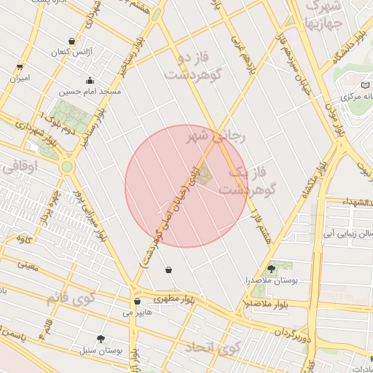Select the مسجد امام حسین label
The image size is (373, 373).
(90, 93)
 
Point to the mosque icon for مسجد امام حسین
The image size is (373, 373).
(90, 80)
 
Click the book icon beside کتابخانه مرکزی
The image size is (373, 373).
(348, 96)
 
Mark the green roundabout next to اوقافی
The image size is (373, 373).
(67, 167)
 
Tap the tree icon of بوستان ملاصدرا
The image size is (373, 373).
(271, 269)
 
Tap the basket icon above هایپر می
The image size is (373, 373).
(137, 301)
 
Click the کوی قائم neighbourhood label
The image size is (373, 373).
(71, 298)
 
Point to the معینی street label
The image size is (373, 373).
(28, 265)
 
